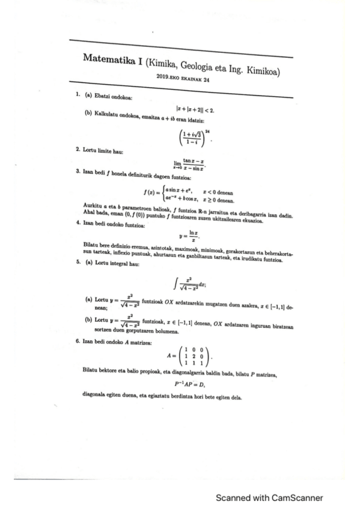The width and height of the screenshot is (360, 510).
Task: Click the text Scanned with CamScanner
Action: click(x=269, y=497)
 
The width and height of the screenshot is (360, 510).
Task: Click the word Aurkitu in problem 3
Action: click(x=93, y=207)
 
